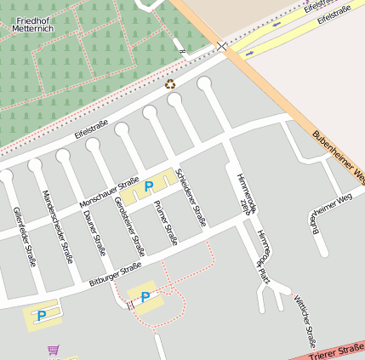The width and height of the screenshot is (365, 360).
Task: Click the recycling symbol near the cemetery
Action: point(170,83)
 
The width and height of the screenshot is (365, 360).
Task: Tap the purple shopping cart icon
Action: point(54,350)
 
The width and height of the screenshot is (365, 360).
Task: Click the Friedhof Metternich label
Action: point(33,24)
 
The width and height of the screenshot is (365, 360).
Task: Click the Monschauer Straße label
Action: point(108,193)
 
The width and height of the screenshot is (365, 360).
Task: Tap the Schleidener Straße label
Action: point(191,197)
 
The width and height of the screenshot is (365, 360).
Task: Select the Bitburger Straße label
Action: point(115,275)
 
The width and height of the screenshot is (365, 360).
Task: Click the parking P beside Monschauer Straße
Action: point(149,186)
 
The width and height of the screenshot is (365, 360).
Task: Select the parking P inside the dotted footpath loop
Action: point(145,297)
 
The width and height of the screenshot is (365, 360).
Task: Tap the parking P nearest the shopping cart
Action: point(41,316)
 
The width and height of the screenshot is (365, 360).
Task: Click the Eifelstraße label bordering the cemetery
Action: point(91,129)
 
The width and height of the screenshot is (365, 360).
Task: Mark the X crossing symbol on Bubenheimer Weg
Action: point(222,45)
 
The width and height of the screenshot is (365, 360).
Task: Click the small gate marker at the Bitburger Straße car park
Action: point(130,303)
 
